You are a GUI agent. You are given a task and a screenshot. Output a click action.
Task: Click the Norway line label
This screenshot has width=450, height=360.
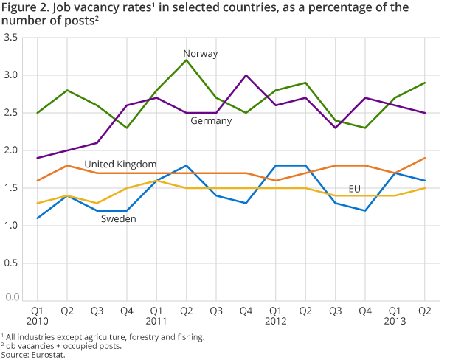(x=201, y=54)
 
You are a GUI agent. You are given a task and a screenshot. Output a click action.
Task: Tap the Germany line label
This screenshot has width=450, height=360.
(x=212, y=120)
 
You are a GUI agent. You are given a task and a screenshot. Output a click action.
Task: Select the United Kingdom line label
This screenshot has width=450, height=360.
(x=120, y=164)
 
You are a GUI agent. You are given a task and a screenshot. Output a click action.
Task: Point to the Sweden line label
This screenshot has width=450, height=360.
(x=118, y=219)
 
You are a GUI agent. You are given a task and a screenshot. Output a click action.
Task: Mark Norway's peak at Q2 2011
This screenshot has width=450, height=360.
(x=186, y=60)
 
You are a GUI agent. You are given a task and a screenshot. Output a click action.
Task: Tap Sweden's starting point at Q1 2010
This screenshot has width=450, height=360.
(x=37, y=217)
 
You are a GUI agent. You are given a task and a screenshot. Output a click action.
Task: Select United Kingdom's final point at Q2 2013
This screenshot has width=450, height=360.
(x=426, y=158)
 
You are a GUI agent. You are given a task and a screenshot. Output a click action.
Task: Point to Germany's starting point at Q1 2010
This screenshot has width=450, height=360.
(x=37, y=158)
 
